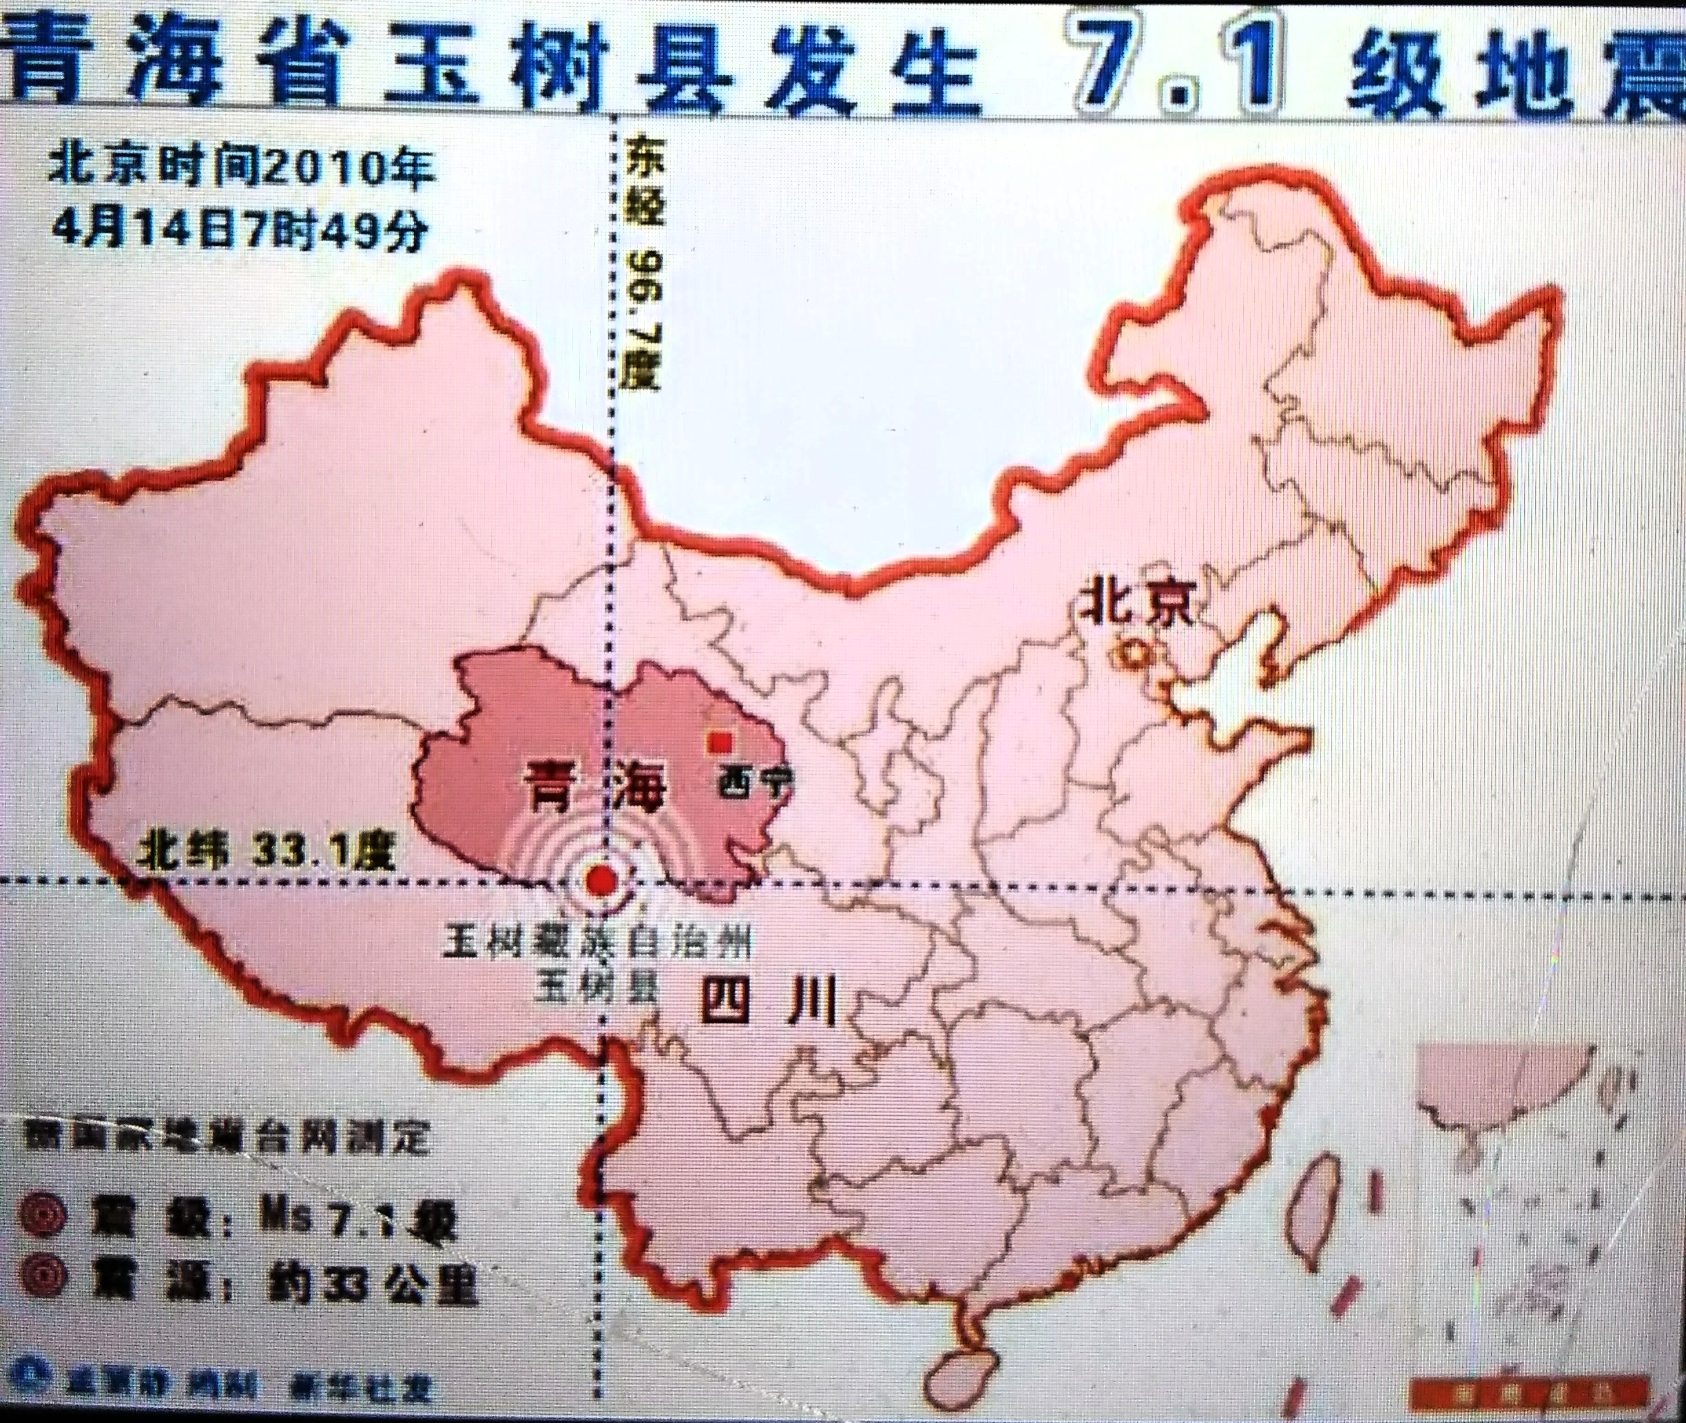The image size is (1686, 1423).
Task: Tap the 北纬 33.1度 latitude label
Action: pos(267,850)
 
